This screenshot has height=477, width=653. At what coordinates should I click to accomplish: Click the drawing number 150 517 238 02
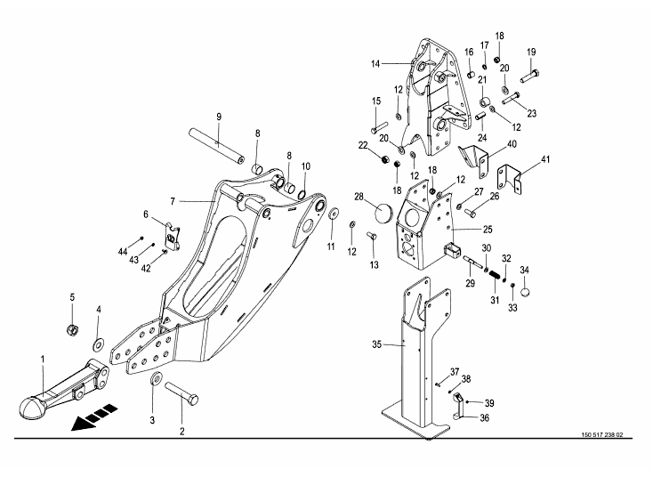(602, 435)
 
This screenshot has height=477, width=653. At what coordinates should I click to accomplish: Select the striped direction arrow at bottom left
(94, 416)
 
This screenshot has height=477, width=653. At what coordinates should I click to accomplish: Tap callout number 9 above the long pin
(219, 117)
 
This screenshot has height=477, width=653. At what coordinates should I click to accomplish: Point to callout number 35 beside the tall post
(376, 344)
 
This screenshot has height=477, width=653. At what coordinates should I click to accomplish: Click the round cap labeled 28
(384, 214)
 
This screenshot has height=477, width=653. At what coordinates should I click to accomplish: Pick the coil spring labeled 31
(495, 276)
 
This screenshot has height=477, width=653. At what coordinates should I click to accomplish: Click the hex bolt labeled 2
(181, 393)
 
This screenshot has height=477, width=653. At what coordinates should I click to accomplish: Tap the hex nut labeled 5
(73, 329)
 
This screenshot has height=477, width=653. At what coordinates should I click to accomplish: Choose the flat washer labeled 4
(99, 345)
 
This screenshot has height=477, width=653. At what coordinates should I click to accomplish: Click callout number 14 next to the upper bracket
(375, 64)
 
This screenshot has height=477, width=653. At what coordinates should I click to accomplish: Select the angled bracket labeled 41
(510, 178)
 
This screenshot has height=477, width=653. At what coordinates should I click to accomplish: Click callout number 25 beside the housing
(488, 229)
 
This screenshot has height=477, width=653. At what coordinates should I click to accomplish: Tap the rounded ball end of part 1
(32, 407)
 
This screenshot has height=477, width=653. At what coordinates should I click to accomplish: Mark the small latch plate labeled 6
(173, 237)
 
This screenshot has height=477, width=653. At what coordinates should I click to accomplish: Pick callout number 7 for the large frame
(173, 202)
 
